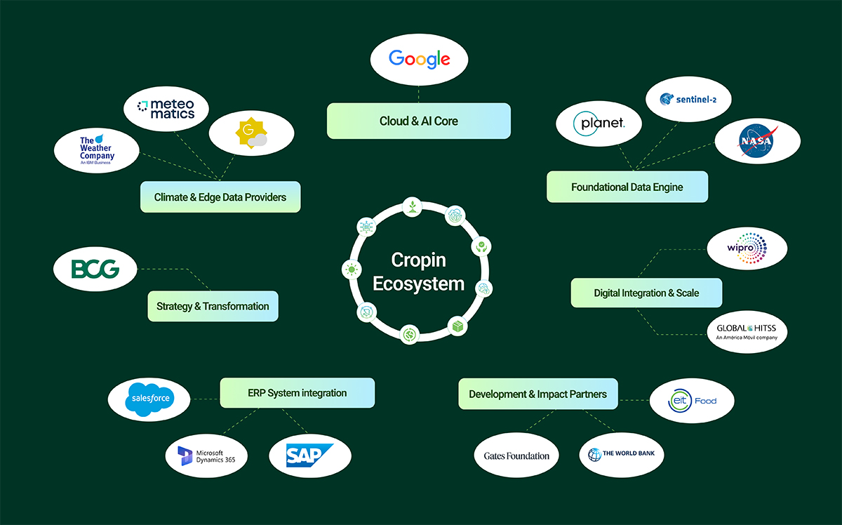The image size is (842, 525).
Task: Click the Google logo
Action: (x=419, y=59)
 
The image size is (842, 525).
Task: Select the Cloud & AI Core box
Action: (x=419, y=121)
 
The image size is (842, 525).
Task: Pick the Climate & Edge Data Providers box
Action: (x=220, y=197)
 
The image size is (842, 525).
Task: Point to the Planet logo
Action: (x=599, y=125)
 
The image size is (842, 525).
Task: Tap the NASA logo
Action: (x=757, y=140)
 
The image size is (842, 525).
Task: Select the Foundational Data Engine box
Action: (x=627, y=187)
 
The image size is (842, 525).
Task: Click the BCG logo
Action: (x=95, y=269)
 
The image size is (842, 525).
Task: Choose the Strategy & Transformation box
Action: (x=213, y=306)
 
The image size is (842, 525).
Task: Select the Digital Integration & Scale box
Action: (x=646, y=293)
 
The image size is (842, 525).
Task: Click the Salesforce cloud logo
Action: (x=149, y=399)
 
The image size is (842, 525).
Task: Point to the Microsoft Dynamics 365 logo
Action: (x=206, y=456)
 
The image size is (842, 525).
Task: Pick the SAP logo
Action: (x=309, y=456)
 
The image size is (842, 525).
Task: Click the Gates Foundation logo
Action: (x=516, y=456)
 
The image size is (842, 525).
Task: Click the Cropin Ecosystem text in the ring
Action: (x=419, y=272)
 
